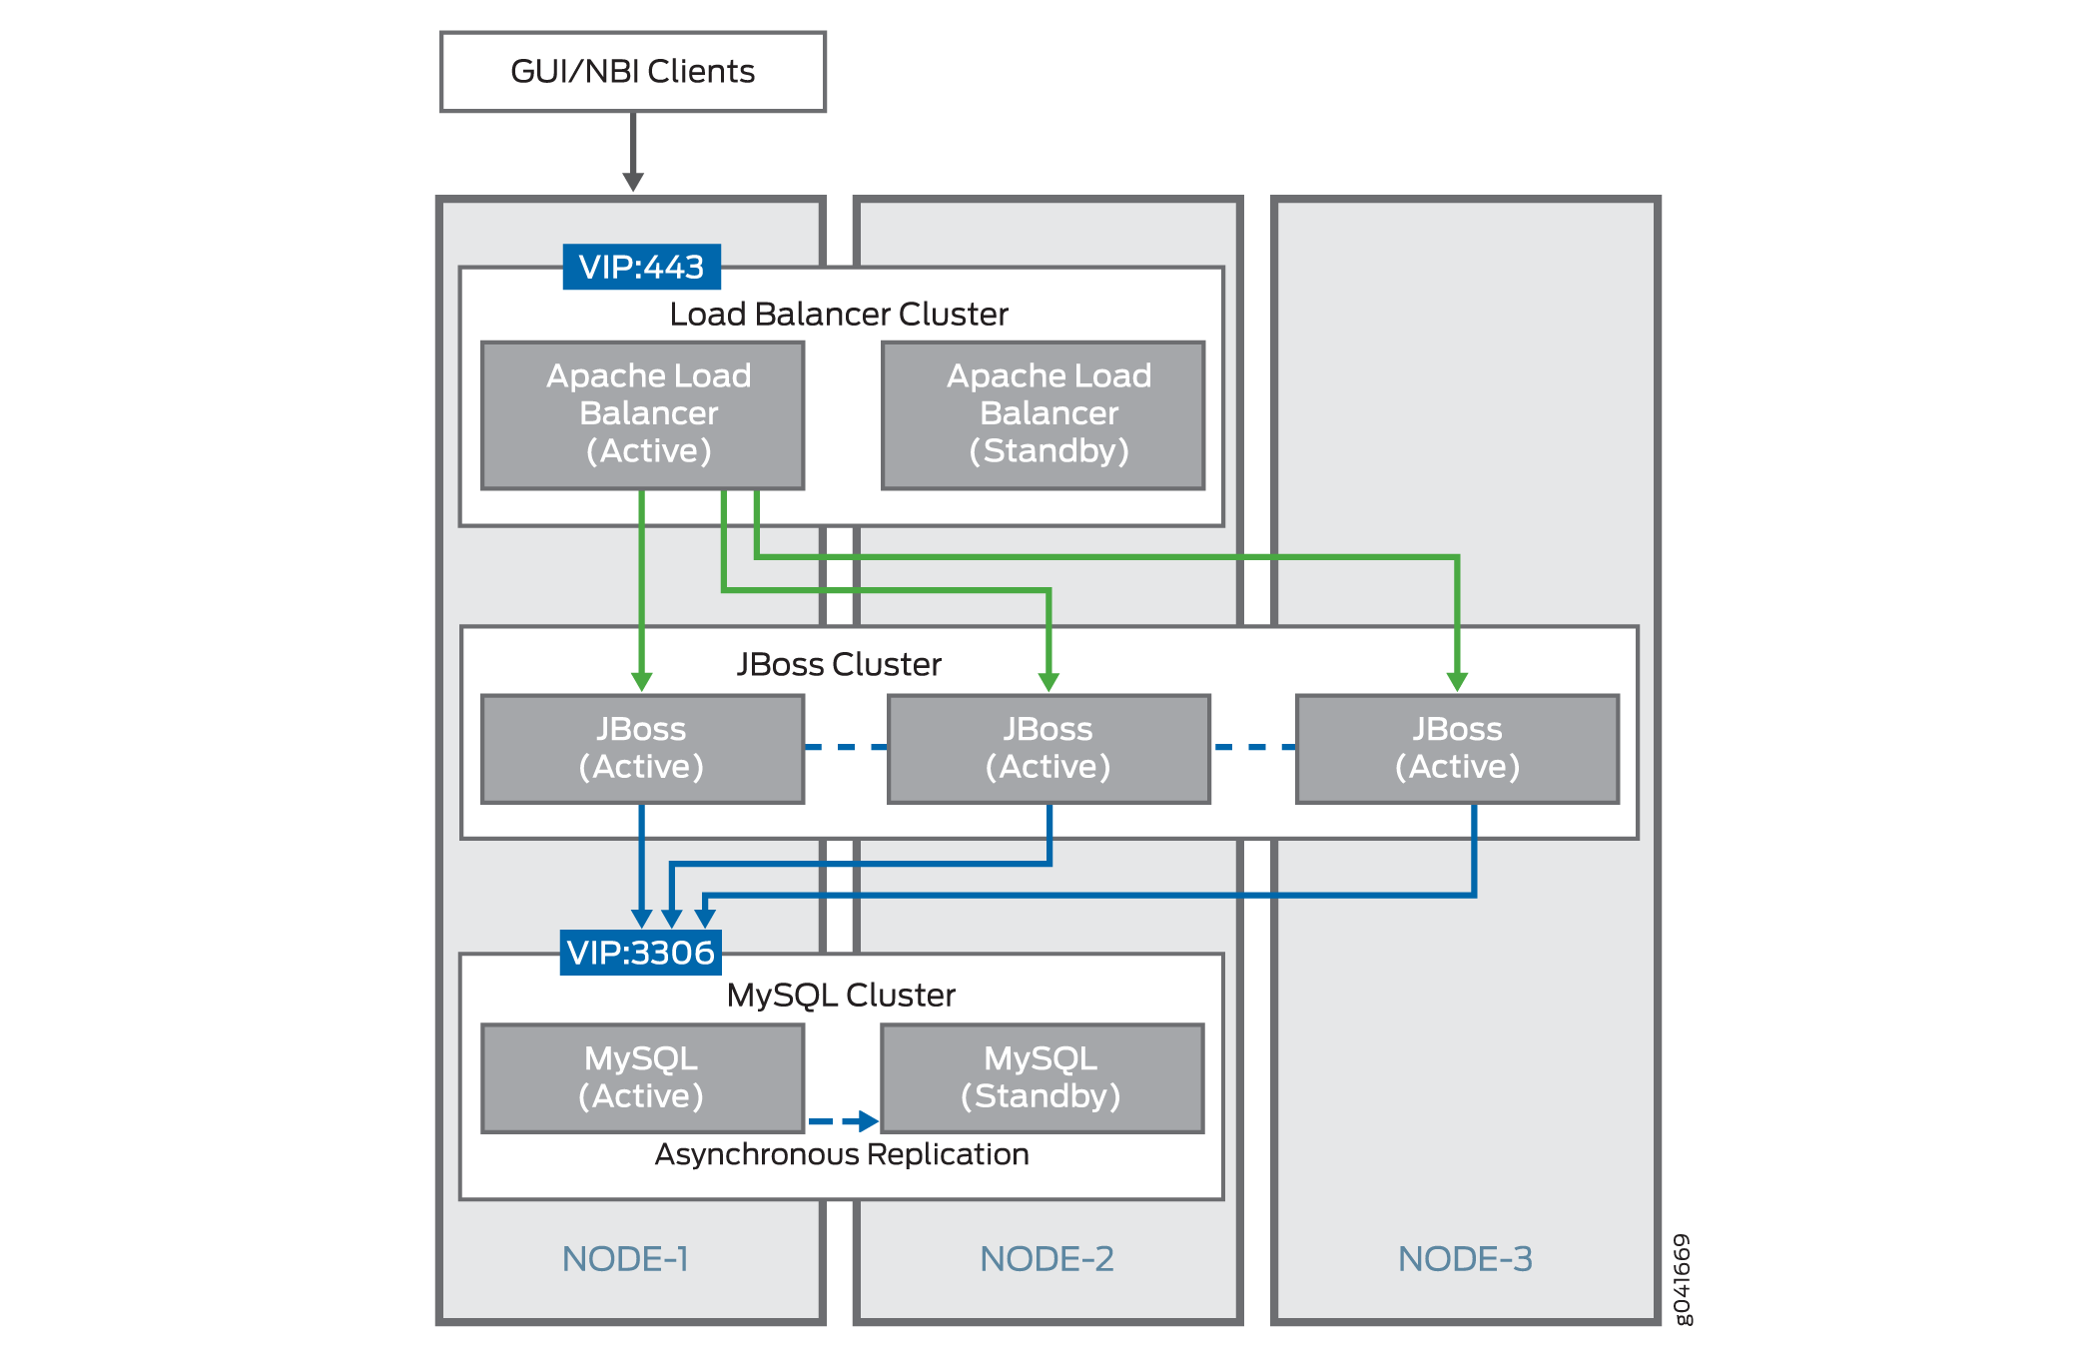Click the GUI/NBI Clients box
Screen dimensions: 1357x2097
pyautogui.click(x=632, y=72)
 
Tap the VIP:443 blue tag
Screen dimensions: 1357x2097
pyautogui.click(x=641, y=267)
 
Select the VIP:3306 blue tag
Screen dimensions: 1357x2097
pyautogui.click(x=640, y=953)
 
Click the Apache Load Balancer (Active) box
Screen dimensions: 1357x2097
pyautogui.click(x=642, y=414)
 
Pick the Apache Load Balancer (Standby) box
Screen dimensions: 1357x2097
pyautogui.click(x=1043, y=414)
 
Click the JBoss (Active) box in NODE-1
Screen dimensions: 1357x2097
pyautogui.click(x=642, y=748)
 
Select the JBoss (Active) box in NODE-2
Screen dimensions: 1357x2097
pyautogui.click(x=1048, y=748)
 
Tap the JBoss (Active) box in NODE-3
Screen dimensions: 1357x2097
pyautogui.click(x=1457, y=748)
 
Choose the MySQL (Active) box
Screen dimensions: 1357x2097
pyautogui.click(x=642, y=1077)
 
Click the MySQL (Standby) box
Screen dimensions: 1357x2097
pyautogui.click(x=1042, y=1077)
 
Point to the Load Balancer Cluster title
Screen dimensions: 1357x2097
pyautogui.click(x=839, y=315)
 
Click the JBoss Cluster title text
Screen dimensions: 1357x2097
pyautogui.click(x=839, y=664)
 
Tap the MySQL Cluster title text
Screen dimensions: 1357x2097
pyautogui.click(x=841, y=995)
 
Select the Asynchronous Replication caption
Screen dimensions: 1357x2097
pyautogui.click(x=842, y=1154)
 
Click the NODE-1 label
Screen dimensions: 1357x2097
pyautogui.click(x=625, y=1259)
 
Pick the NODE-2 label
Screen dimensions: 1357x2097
pyautogui.click(x=1047, y=1259)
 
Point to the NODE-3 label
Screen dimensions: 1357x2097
pyautogui.click(x=1465, y=1259)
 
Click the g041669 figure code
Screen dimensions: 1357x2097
pyautogui.click(x=1683, y=1279)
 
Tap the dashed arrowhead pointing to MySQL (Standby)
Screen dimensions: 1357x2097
pyautogui.click(x=868, y=1121)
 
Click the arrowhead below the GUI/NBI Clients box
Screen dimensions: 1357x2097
pyautogui.click(x=633, y=182)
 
